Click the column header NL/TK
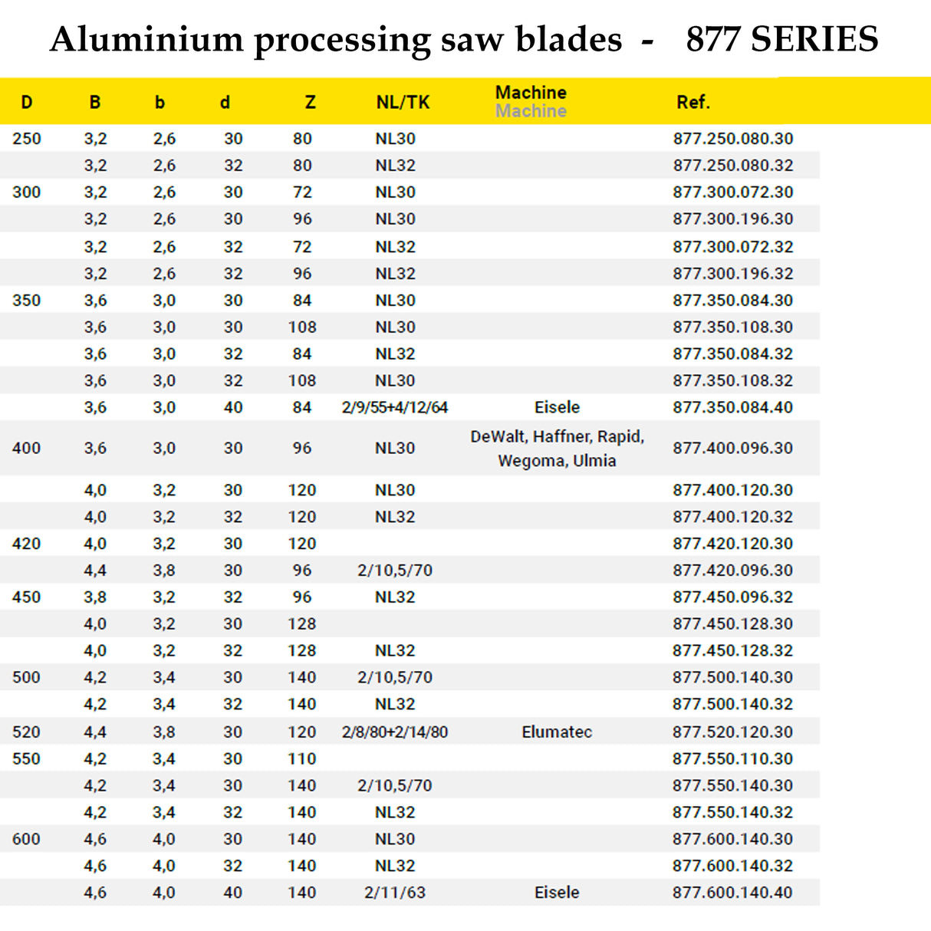click(x=403, y=102)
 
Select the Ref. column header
click(x=692, y=102)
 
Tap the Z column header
click(x=310, y=102)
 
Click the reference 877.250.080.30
click(x=732, y=139)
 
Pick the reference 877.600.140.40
click(x=732, y=893)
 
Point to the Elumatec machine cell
click(x=557, y=732)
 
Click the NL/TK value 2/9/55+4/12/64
click(x=394, y=407)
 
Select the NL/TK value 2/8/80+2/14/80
click(x=394, y=732)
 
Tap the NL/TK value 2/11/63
click(x=394, y=893)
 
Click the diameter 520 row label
click(x=26, y=732)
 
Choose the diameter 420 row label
click(x=26, y=544)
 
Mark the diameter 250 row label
click(x=26, y=139)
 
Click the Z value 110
click(x=302, y=758)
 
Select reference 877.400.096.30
click(x=732, y=448)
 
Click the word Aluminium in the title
click(x=146, y=39)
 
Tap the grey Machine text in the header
click(x=531, y=112)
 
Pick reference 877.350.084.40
click(x=732, y=407)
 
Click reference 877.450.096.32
click(x=732, y=597)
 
